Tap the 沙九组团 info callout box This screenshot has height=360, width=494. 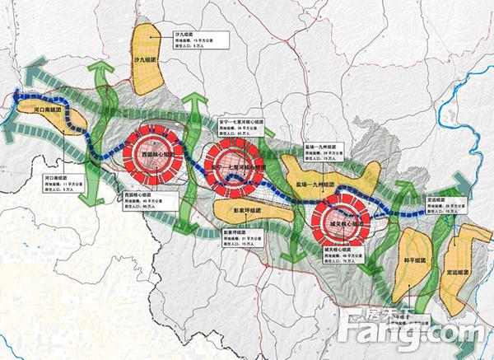(190, 40)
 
